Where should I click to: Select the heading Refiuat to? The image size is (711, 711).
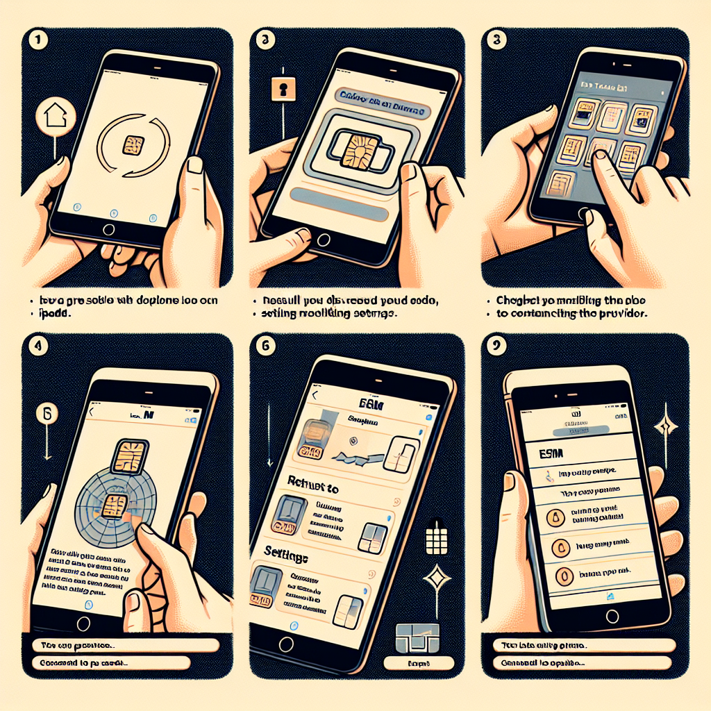pyautogui.click(x=313, y=489)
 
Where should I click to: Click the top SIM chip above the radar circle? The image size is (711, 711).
pyautogui.click(x=132, y=455)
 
